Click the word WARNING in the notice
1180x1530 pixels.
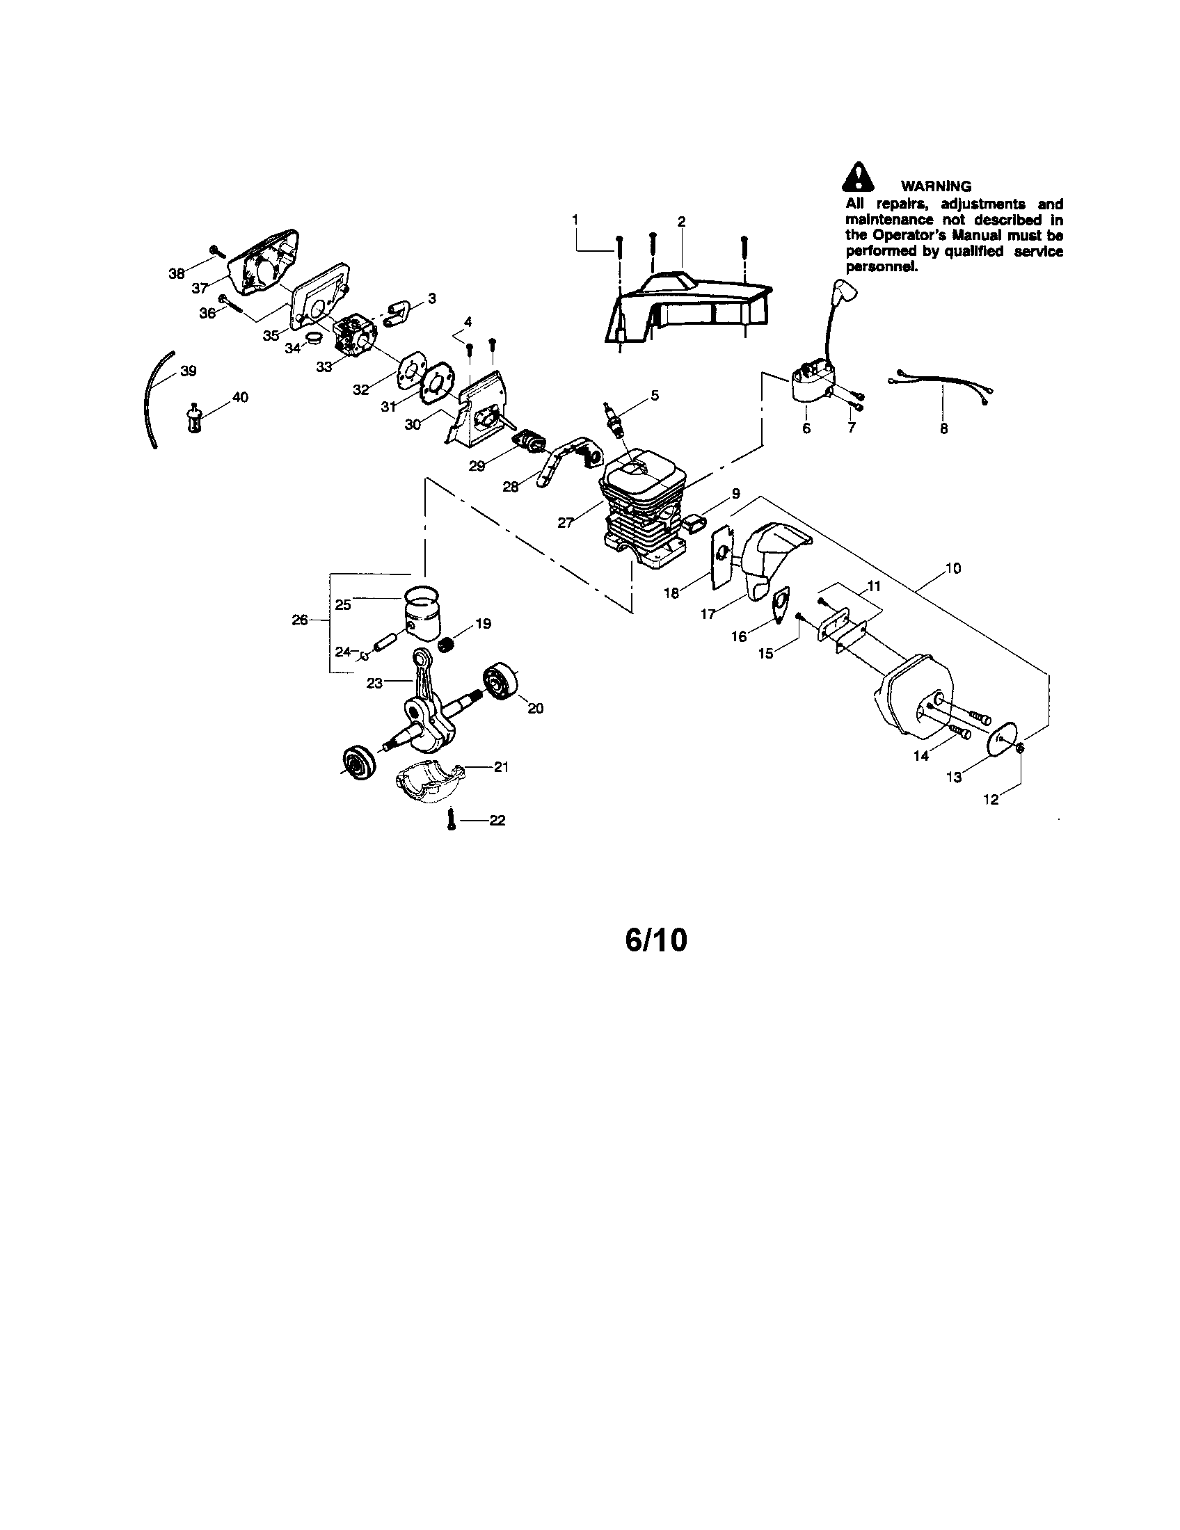point(936,186)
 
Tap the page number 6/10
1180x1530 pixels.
point(656,941)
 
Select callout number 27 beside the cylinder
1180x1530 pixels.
point(566,522)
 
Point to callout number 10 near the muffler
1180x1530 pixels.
point(953,568)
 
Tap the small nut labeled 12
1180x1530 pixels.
point(1020,748)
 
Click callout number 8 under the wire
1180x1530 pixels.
point(944,428)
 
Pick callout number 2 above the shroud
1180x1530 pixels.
point(681,221)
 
